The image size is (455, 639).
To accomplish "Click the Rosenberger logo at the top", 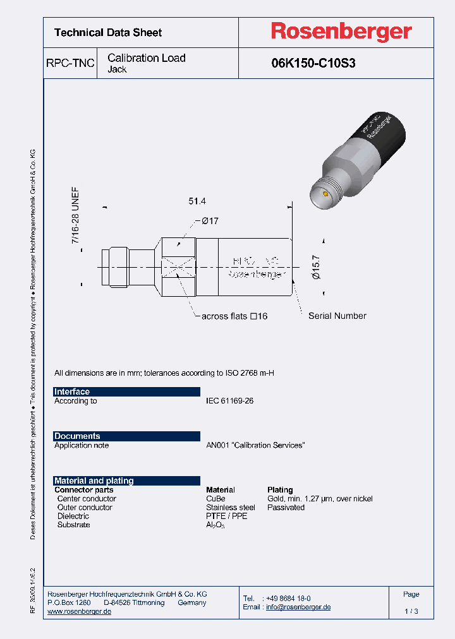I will (x=341, y=32).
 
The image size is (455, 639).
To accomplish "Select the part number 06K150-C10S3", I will (x=313, y=63).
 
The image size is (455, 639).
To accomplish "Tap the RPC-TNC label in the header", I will (x=70, y=63).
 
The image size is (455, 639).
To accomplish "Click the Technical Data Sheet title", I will (x=108, y=33).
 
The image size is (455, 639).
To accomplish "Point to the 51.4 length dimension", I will (x=198, y=201).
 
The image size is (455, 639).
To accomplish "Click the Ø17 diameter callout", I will (x=210, y=220).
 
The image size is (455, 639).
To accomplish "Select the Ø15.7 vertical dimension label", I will (x=317, y=266).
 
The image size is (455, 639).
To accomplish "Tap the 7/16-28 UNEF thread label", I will (x=75, y=217).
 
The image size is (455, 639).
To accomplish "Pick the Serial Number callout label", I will (x=337, y=316).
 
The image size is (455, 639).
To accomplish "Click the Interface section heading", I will (x=72, y=391).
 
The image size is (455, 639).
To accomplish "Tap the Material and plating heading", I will (x=94, y=481).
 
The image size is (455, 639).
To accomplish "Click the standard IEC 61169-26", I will (x=229, y=401).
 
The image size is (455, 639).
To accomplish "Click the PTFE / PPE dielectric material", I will (x=226, y=517).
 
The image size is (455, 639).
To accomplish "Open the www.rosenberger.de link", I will (x=80, y=612).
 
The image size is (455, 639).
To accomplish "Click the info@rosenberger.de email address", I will (x=298, y=607).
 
